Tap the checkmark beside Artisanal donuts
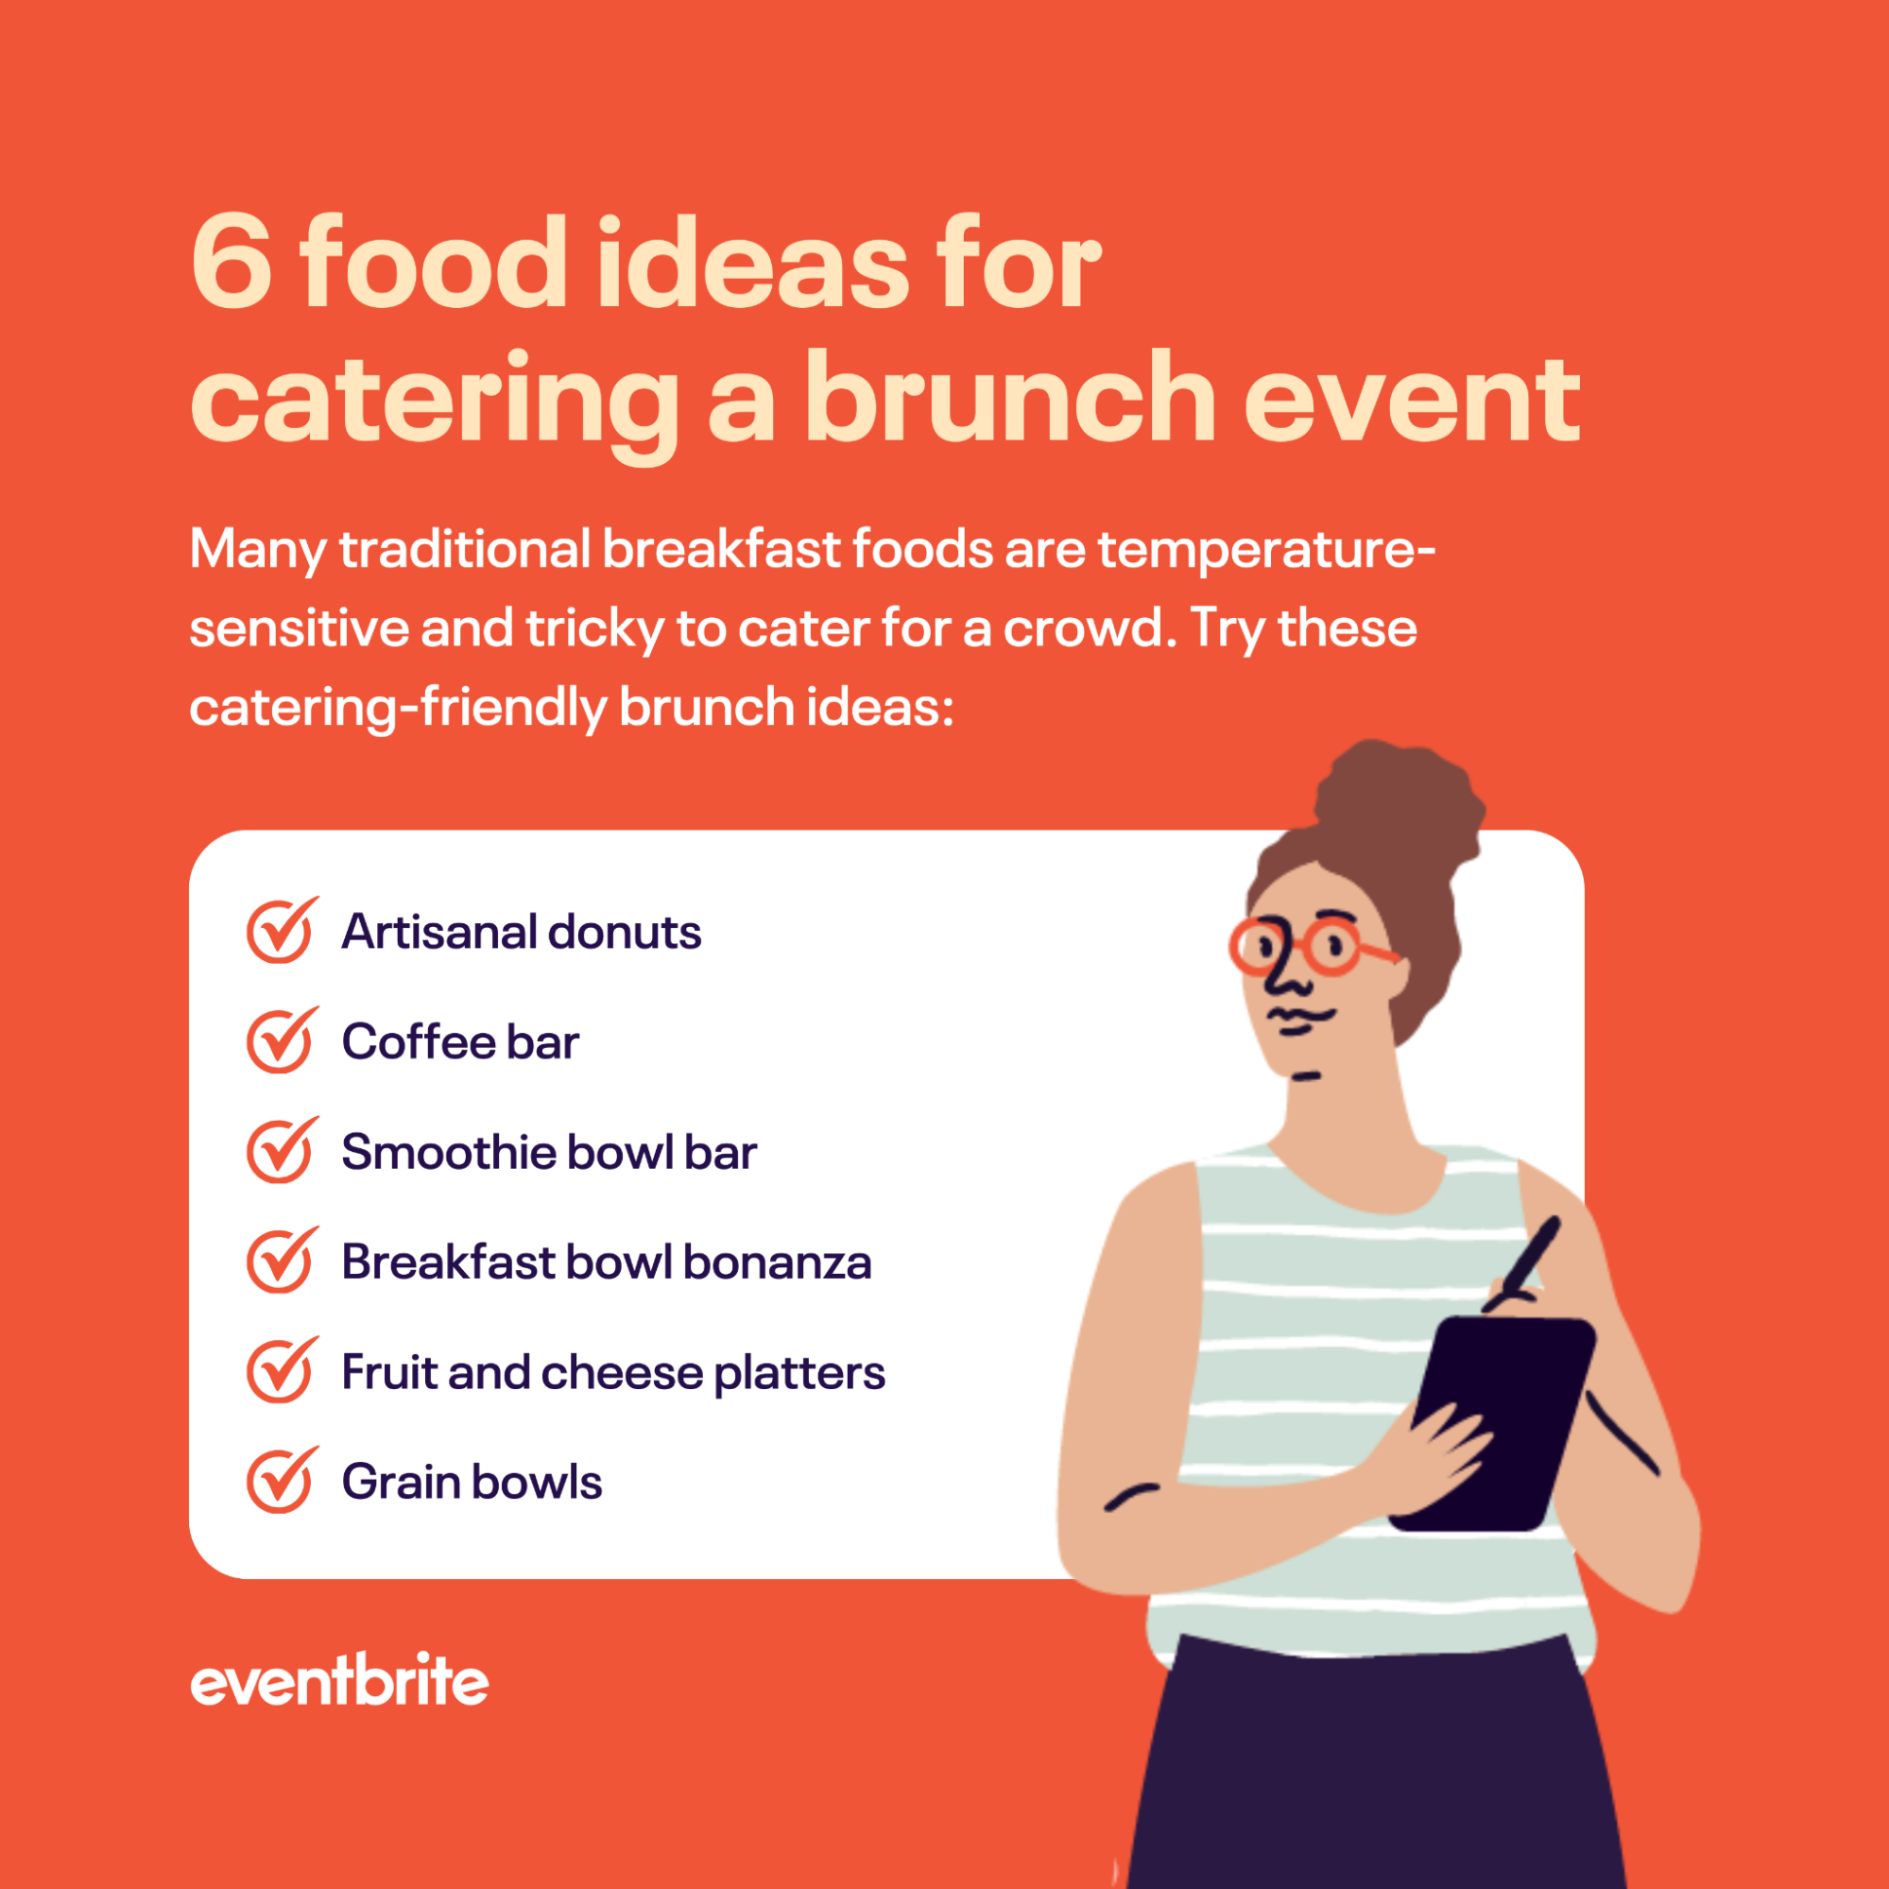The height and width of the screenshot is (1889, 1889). (281, 931)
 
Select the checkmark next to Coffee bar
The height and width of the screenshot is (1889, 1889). (281, 1040)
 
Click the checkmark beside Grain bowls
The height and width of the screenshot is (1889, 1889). (281, 1481)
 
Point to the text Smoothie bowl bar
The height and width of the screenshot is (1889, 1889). (548, 1152)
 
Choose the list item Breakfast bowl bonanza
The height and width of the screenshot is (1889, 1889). (605, 1262)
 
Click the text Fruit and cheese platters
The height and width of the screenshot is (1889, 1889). (613, 1372)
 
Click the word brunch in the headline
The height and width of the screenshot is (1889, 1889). (1009, 399)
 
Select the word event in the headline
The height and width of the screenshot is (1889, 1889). (1411, 399)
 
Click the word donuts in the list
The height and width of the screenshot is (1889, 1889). (624, 931)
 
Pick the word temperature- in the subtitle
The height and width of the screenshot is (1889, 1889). (1266, 548)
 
